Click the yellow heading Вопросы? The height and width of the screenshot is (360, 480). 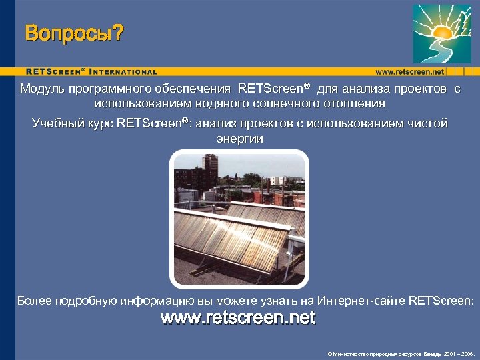coord(74,33)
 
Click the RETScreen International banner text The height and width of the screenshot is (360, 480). coord(91,71)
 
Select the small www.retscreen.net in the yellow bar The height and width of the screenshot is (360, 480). coord(409,71)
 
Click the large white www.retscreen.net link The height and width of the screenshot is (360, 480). coord(238,318)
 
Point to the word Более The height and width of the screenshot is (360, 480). coord(33,301)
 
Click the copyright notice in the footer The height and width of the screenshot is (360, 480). coord(400,354)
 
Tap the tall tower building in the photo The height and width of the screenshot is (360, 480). coord(210,170)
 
